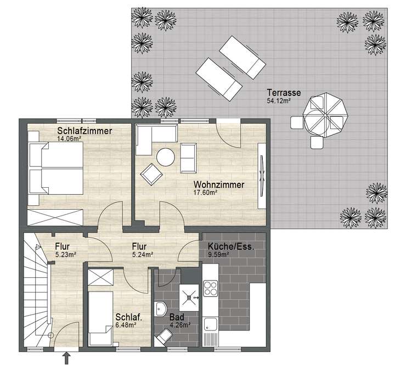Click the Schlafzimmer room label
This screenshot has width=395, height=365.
pos(84,131)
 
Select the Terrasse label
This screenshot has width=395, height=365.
pos(280,92)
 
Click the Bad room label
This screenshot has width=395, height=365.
pos(176,317)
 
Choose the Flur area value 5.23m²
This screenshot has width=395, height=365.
pos(65,254)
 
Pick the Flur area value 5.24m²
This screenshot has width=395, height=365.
pos(142,254)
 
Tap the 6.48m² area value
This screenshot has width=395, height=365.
pos(126,324)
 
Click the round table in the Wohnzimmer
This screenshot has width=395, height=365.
pos(166,158)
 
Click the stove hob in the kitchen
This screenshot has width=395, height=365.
pos(211,288)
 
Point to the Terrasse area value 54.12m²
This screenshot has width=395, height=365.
pos(278,100)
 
